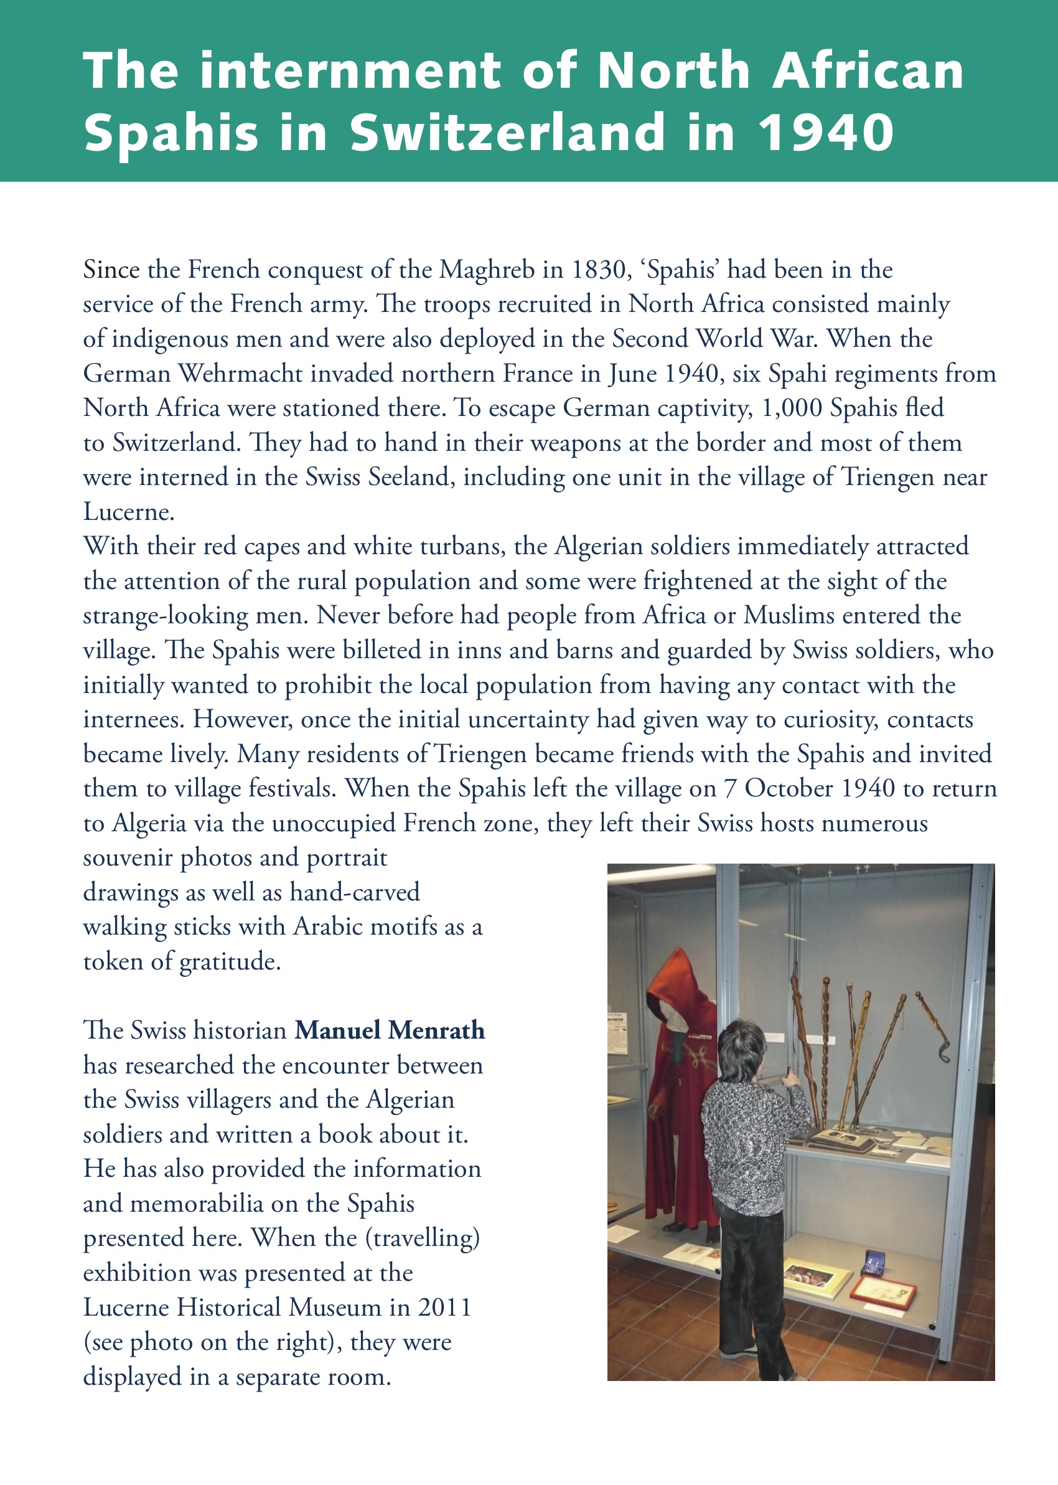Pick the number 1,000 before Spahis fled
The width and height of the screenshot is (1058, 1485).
pos(792,408)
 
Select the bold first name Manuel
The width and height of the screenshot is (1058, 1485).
pos(337,1031)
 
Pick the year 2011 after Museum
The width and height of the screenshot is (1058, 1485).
pos(444,1308)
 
